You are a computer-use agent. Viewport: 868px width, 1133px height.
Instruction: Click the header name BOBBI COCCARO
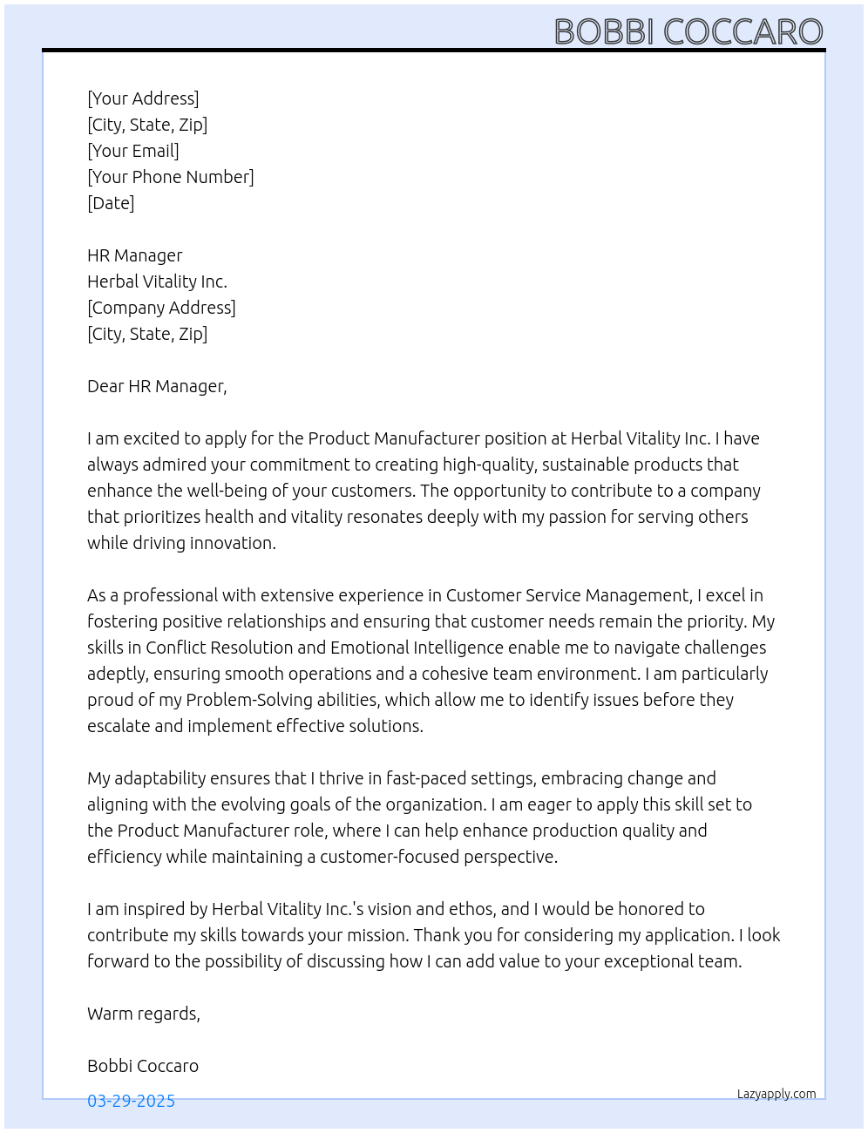(688, 32)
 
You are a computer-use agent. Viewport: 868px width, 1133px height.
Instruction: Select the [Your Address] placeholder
(143, 98)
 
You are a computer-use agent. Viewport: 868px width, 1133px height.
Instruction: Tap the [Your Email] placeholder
(133, 151)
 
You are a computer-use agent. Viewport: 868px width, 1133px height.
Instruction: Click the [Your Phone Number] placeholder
(171, 177)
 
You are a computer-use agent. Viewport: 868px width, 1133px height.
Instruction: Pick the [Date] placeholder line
(111, 203)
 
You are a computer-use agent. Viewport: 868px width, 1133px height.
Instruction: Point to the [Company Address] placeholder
(161, 308)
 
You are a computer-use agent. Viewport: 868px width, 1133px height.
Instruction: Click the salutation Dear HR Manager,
(157, 386)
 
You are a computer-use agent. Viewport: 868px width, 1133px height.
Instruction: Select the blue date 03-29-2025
(131, 1101)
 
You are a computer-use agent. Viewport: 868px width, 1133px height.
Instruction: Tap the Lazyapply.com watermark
(776, 1094)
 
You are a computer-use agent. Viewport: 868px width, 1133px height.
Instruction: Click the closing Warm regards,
(144, 1014)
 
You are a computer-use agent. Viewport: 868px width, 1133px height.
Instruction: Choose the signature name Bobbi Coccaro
(143, 1066)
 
